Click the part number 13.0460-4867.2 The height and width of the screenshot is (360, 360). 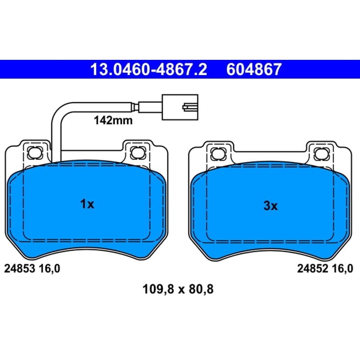[148, 69]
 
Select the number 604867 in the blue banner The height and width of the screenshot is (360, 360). [254, 69]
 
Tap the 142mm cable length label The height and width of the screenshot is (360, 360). [113, 120]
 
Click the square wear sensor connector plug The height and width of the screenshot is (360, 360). [180, 107]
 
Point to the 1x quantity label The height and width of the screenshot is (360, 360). [87, 204]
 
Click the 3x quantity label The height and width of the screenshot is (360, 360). [271, 206]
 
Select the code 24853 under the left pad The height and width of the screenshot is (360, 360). [19, 268]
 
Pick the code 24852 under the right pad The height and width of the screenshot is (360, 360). [313, 268]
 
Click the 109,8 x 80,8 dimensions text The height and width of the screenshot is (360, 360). [178, 289]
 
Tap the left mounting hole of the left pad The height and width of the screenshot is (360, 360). [35, 152]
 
